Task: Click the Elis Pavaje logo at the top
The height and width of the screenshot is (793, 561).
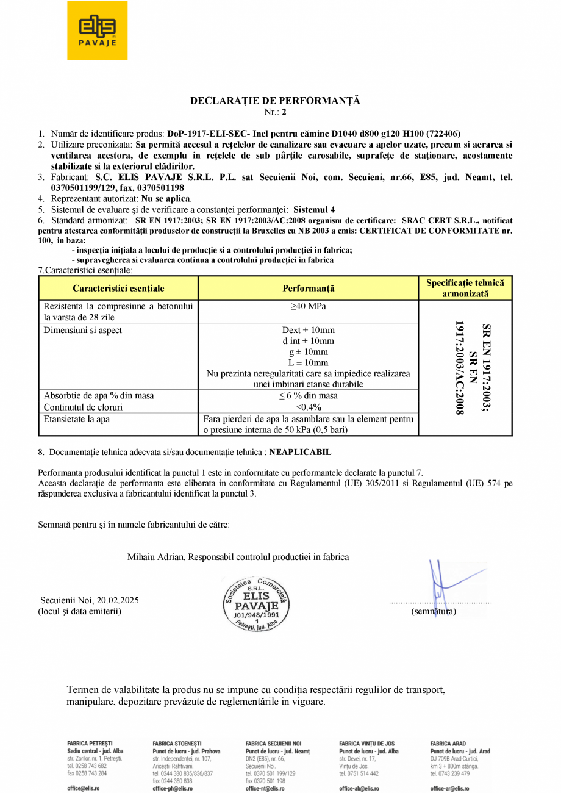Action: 97,30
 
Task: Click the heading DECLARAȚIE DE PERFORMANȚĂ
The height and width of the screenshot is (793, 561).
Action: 275,101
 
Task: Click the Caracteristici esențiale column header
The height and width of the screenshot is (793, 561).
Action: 118,289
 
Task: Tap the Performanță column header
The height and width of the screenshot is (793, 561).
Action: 309,289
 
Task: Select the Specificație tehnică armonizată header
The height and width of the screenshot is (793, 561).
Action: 465,289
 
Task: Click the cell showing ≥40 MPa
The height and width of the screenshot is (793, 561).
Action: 309,306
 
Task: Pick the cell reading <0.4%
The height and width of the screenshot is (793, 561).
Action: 309,407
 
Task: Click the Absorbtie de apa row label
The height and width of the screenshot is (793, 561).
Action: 98,396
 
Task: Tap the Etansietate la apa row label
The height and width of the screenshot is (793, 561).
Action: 77,420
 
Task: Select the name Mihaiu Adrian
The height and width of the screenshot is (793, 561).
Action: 156,557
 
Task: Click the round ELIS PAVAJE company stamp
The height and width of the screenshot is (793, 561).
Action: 256,605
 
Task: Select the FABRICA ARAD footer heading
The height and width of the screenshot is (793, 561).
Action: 448,744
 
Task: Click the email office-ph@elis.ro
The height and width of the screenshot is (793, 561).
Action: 173,789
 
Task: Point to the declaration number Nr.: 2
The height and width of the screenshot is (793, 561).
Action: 275,112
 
